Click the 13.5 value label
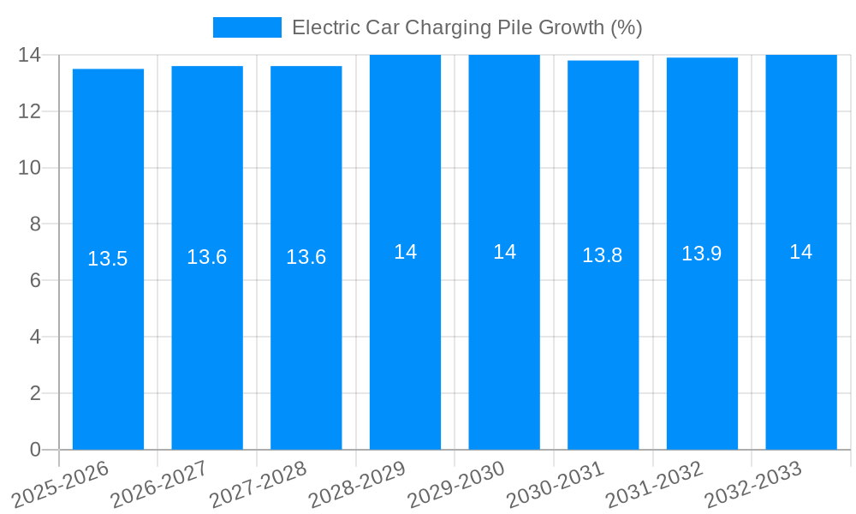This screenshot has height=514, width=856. point(108,259)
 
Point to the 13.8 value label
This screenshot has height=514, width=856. point(603,255)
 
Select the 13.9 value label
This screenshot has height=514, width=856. point(701,254)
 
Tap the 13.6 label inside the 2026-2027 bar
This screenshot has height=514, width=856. point(206,257)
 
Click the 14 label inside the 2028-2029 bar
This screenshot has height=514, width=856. point(405,252)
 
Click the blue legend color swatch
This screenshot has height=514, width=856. point(247,27)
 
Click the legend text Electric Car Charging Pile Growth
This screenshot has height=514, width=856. point(467,27)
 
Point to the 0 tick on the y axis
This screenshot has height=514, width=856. point(35,450)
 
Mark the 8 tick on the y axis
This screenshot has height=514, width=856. point(35,224)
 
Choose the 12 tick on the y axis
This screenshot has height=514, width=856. point(30,111)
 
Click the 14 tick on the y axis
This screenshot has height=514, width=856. point(30,55)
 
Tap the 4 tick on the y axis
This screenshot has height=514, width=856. point(35,337)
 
